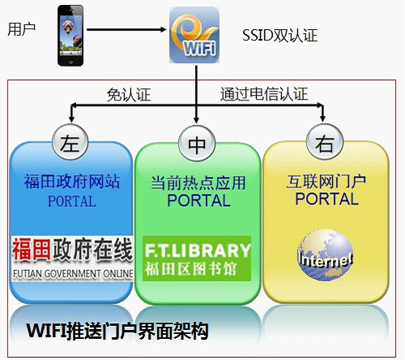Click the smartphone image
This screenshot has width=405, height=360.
[x=70, y=36]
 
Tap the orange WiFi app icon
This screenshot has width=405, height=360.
[x=194, y=35]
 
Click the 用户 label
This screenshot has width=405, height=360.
[x=21, y=29]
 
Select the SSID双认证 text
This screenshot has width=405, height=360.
[x=279, y=36]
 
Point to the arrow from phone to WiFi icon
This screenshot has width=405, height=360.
[x=126, y=29]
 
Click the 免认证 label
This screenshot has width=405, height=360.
[x=129, y=95]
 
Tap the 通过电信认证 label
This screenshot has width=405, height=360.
[x=264, y=94]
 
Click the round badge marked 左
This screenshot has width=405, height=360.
[x=70, y=143]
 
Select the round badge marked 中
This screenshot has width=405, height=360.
[x=197, y=144]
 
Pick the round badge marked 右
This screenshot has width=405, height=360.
[x=325, y=142]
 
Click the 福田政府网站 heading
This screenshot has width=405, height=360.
[x=72, y=181]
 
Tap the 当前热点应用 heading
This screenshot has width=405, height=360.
[x=198, y=182]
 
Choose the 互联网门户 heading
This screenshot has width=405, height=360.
[x=326, y=182]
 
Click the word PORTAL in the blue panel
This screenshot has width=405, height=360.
[x=72, y=201]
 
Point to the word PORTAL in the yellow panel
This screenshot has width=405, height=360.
[x=326, y=199]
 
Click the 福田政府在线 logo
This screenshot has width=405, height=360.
[x=72, y=259]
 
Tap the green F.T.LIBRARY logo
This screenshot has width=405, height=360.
[x=197, y=259]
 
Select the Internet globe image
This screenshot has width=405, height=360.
[x=326, y=255]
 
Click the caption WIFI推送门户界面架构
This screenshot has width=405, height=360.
[x=117, y=331]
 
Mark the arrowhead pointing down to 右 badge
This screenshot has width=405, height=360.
[x=322, y=118]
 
